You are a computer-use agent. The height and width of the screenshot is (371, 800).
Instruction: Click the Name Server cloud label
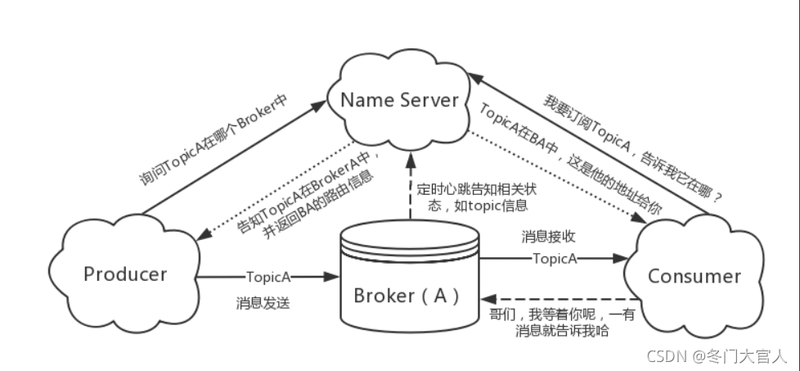click(x=398, y=100)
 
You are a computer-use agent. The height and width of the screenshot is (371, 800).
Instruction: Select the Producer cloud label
click(x=125, y=274)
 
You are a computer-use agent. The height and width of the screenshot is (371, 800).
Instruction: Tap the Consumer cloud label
click(x=694, y=276)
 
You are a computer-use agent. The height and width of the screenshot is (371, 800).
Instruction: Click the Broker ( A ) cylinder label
click(x=407, y=294)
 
